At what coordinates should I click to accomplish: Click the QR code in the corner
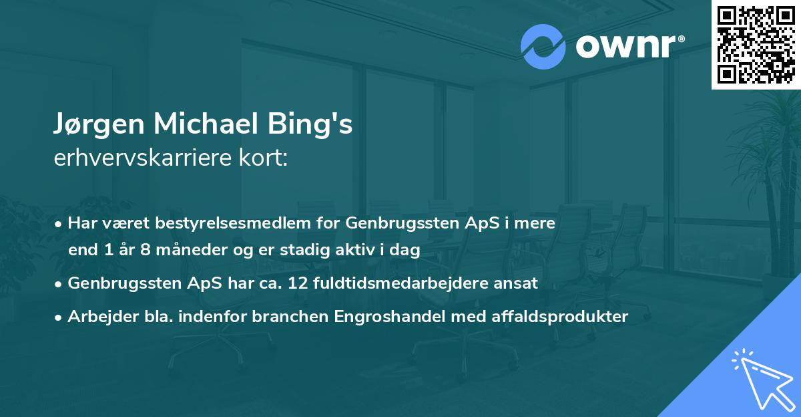click(x=756, y=44)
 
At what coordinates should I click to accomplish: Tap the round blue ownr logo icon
click(x=543, y=47)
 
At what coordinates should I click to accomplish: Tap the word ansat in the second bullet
click(x=516, y=283)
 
